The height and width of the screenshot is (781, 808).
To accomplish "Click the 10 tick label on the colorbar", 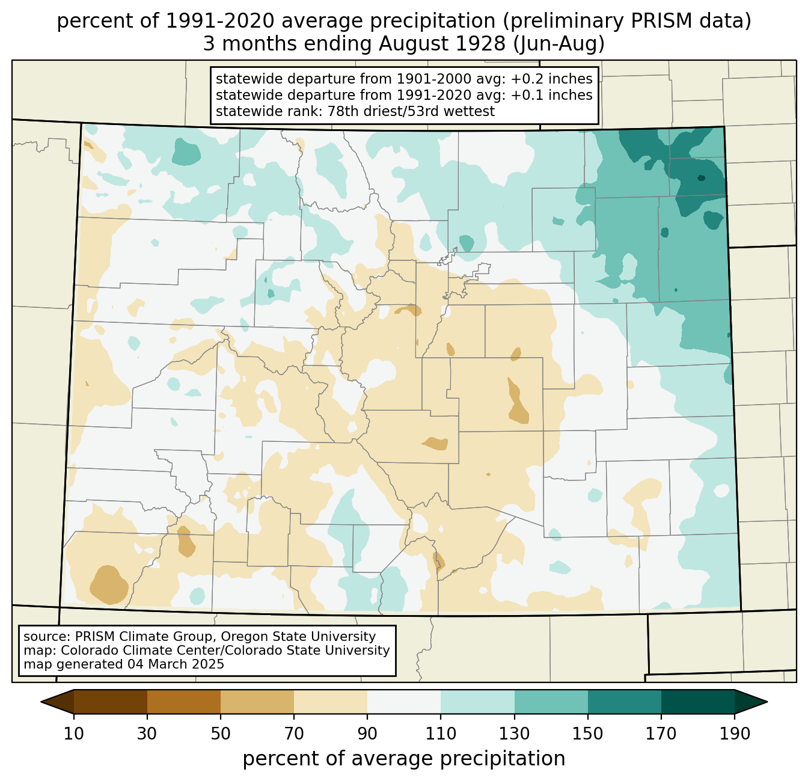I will pos(74,734).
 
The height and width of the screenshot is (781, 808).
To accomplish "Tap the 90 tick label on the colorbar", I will pos(367,734).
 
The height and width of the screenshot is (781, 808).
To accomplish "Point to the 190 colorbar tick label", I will pos(734,734).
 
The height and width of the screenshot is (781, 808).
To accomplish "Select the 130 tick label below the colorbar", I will pos(515,734).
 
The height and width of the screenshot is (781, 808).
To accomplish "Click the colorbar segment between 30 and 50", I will pos(184,702).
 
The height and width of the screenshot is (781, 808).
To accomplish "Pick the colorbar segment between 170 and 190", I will pos(697,702).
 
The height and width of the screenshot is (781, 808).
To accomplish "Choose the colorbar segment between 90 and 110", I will pos(404,702).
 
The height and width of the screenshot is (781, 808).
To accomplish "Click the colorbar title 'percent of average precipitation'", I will pos(404,759).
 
